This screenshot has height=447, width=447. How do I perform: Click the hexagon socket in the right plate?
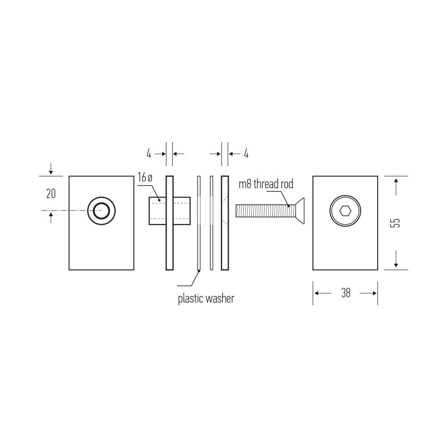coord(345,211)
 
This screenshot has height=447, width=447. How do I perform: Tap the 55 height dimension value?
coord(395,223)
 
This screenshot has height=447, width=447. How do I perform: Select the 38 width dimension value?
coord(346,293)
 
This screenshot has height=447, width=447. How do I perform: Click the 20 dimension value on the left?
coord(51,194)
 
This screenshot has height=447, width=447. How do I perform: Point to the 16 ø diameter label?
coord(145,177)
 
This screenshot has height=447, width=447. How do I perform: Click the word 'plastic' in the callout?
coord(190,299)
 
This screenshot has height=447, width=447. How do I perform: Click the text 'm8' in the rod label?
coord(245,184)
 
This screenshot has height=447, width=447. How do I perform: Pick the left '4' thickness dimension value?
coord(149,154)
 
